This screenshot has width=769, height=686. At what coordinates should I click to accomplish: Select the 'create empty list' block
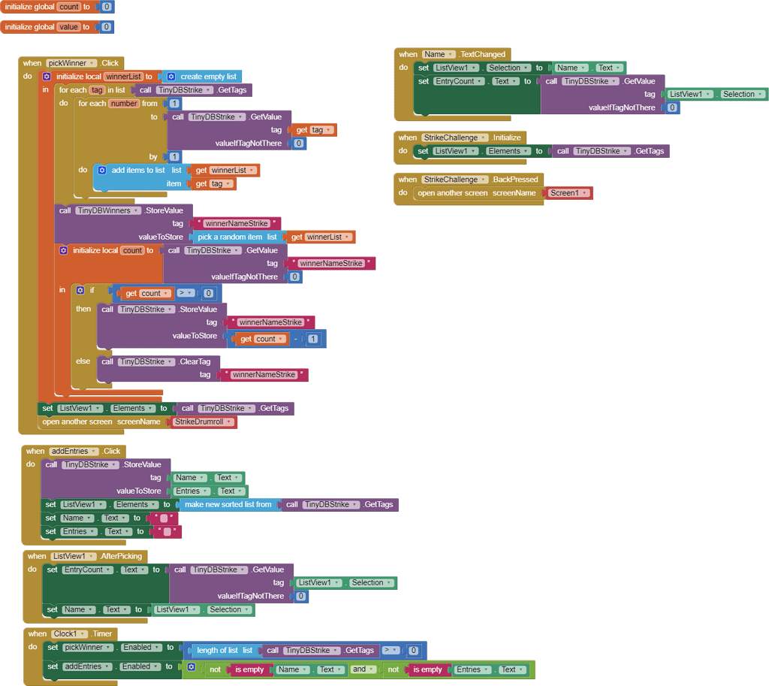[x=207, y=77]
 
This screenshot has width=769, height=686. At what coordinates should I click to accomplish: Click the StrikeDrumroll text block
[x=204, y=422]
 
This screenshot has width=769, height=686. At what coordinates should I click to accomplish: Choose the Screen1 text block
[x=567, y=193]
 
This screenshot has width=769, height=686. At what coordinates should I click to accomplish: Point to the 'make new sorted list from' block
[x=228, y=505]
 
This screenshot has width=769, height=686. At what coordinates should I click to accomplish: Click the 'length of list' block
[x=217, y=651]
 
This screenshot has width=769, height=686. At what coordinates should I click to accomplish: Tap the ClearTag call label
[x=195, y=361]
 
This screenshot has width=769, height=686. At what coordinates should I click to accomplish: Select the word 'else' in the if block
[x=83, y=361]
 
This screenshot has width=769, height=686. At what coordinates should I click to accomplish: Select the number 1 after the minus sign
[x=312, y=339]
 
